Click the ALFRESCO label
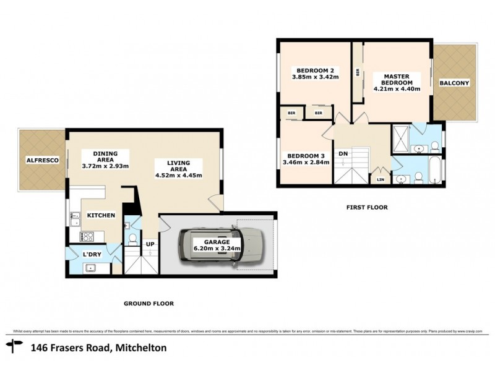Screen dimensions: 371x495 pyautogui.click(x=42, y=160)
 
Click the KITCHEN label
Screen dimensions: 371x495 pyautogui.click(x=101, y=215)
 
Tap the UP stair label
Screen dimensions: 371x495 pyautogui.click(x=150, y=244)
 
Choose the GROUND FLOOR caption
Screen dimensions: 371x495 pyautogui.click(x=148, y=304)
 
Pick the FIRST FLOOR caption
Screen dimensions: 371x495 pyautogui.click(x=367, y=208)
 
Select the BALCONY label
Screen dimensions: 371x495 pyautogui.click(x=455, y=83)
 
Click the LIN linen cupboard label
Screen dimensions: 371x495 pyautogui.click(x=379, y=179)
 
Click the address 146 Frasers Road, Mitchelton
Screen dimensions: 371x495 pyautogui.click(x=98, y=348)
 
